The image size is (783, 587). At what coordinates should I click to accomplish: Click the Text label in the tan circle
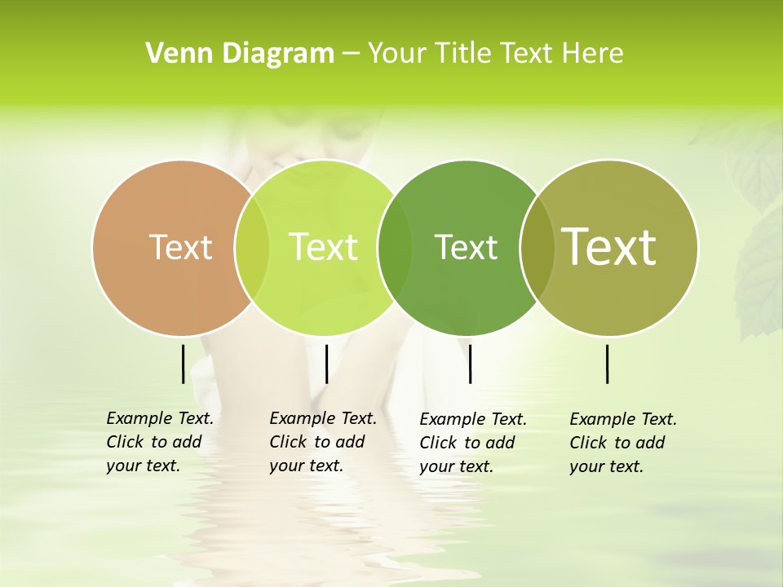[x=181, y=247]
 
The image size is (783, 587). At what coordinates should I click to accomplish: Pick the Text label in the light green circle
[x=323, y=247]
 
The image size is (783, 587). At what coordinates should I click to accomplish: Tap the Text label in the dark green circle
[x=466, y=247]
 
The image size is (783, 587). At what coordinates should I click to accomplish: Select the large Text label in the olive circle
[x=609, y=246]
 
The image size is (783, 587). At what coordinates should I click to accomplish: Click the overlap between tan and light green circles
[x=252, y=247]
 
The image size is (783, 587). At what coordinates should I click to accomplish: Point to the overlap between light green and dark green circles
[x=395, y=247]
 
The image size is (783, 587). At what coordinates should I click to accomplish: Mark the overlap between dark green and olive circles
[x=537, y=247]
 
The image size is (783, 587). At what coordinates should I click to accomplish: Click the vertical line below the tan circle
[x=184, y=364]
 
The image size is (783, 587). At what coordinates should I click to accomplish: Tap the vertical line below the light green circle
[x=326, y=364]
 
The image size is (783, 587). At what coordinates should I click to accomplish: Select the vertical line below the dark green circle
[x=471, y=364]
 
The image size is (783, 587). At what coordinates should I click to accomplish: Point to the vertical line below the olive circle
[x=608, y=364]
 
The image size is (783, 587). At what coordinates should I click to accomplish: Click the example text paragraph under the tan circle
[x=159, y=443]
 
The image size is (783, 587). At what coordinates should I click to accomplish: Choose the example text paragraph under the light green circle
[x=322, y=443]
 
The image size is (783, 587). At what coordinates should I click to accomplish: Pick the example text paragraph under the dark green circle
[x=472, y=443]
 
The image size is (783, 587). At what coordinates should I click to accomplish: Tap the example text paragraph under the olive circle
[x=622, y=443]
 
